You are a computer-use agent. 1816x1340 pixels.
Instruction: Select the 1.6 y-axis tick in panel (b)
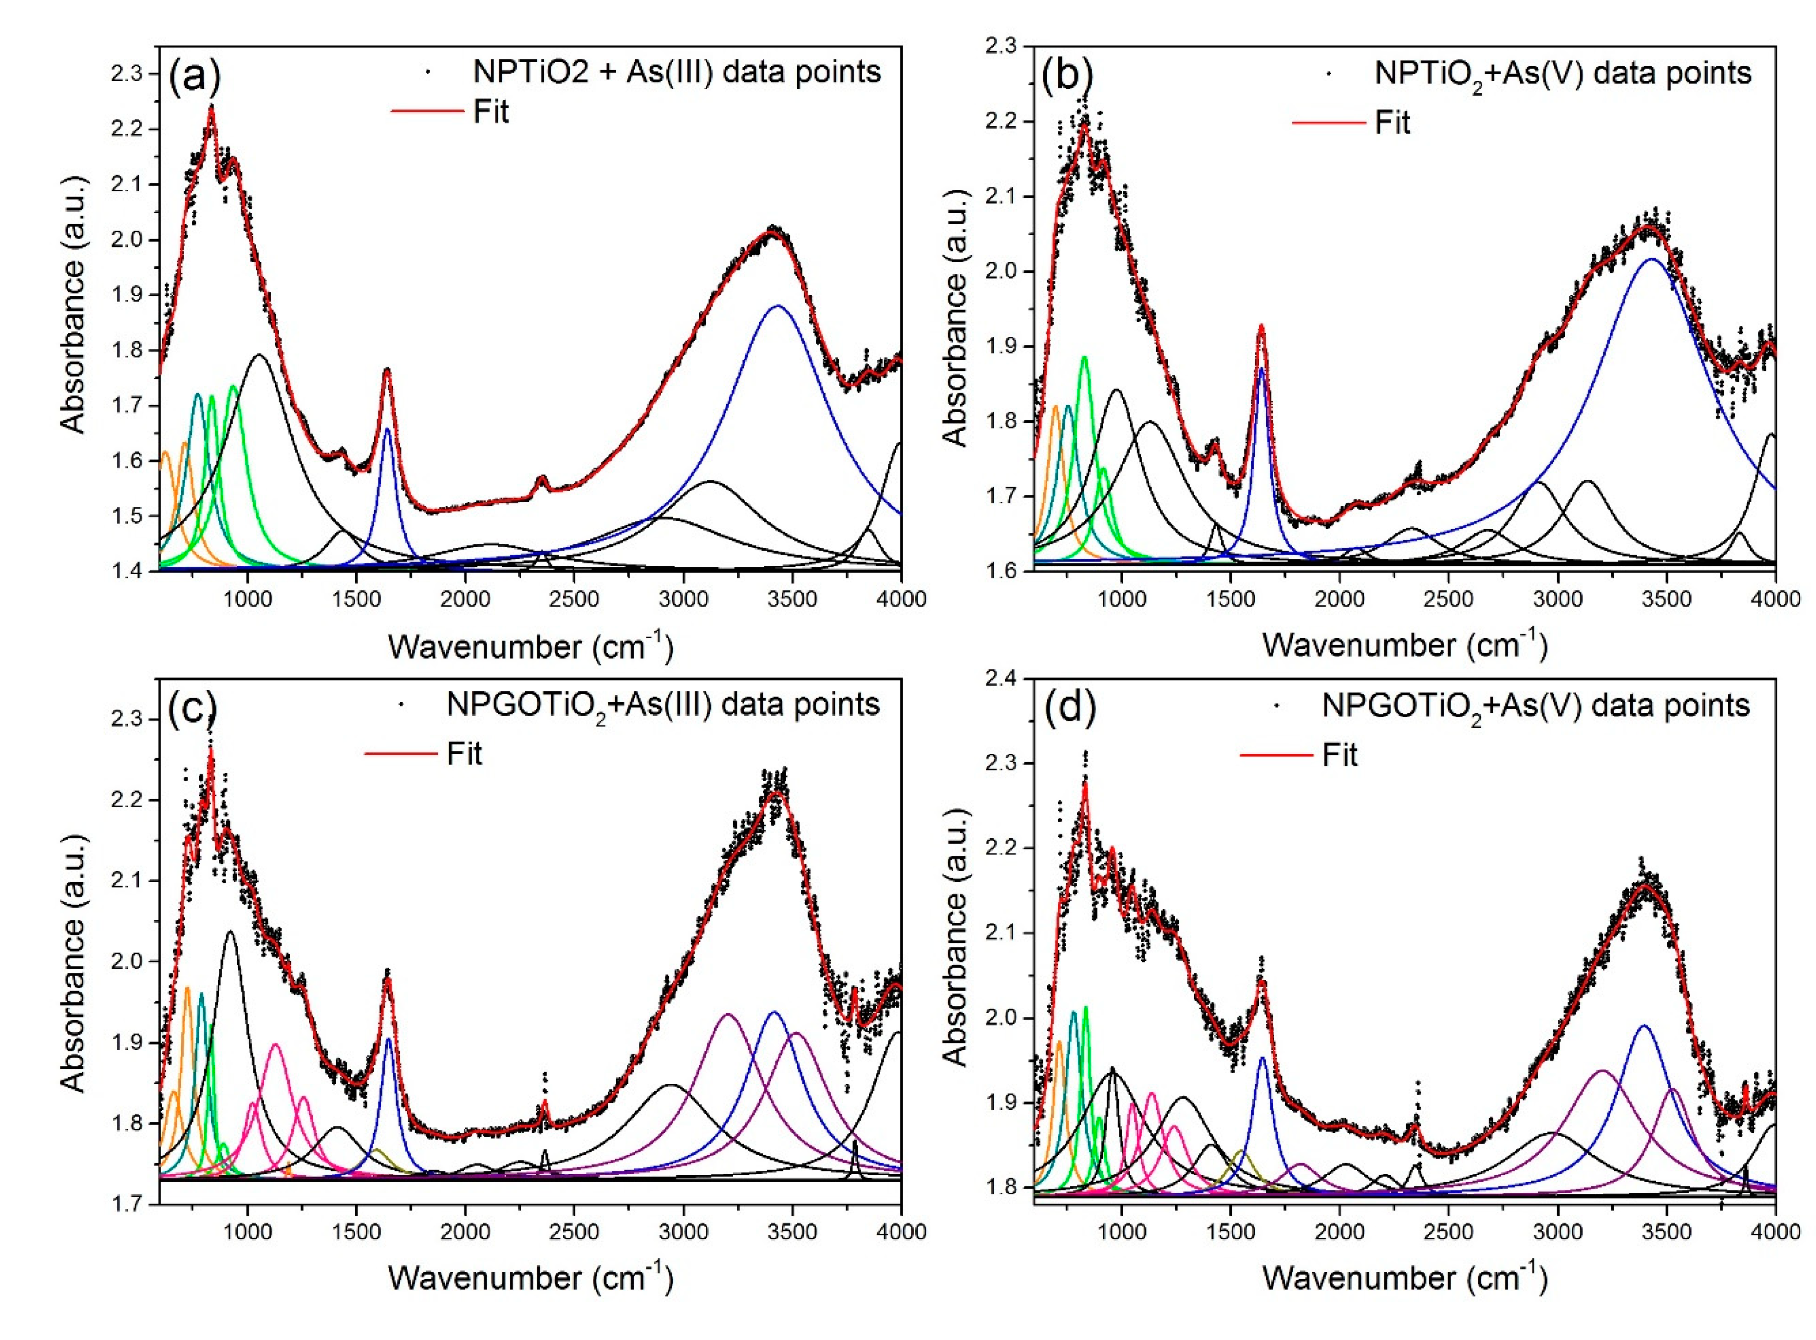(1000, 570)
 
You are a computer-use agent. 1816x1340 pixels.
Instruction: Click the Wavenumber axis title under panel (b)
(1404, 644)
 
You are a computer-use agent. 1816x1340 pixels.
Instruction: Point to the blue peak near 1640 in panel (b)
(1261, 369)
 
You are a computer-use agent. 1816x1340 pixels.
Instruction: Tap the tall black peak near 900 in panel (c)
(230, 932)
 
